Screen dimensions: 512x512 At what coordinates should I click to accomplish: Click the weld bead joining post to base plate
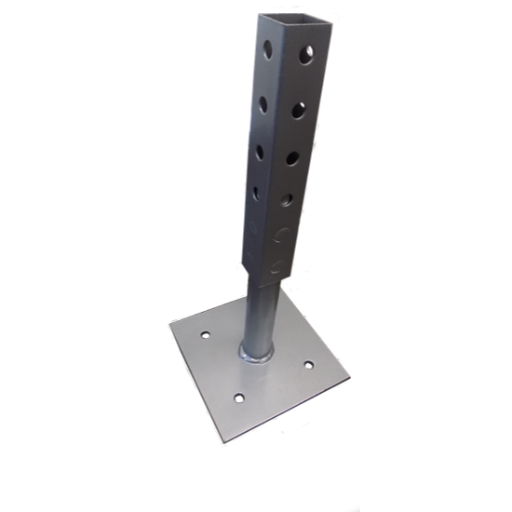(259, 353)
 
